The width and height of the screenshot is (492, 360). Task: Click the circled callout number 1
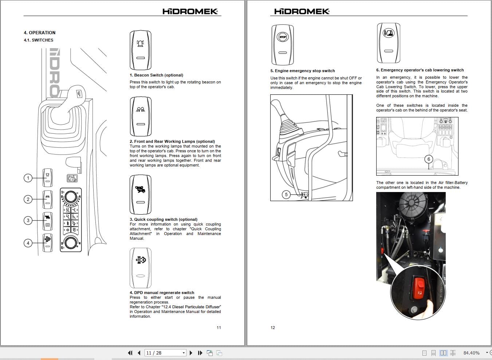[x=28, y=178]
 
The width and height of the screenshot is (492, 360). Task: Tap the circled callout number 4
[x=28, y=243]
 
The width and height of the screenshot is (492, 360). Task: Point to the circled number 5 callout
[x=286, y=195]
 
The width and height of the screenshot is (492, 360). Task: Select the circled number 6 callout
[x=429, y=159]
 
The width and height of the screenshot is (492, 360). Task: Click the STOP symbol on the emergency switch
[x=283, y=37]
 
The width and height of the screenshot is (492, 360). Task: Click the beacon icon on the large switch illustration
[x=140, y=43]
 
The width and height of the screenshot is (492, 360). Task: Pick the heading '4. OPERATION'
[x=40, y=33]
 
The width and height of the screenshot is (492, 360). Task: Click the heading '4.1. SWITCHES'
[x=39, y=40]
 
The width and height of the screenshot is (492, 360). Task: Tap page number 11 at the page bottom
[x=219, y=328]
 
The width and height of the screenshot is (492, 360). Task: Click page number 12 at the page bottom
[x=272, y=328]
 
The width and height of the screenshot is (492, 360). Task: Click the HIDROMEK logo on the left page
[x=190, y=11]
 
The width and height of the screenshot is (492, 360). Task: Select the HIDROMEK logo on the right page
[x=302, y=11]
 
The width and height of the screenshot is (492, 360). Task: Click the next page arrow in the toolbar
[x=191, y=353]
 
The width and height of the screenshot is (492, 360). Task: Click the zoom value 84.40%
[x=471, y=353]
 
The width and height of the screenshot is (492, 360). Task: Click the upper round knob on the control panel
[x=71, y=197]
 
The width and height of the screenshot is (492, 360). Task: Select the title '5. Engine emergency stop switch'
[x=303, y=71]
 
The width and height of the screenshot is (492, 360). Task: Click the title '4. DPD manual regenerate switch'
[x=162, y=293]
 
